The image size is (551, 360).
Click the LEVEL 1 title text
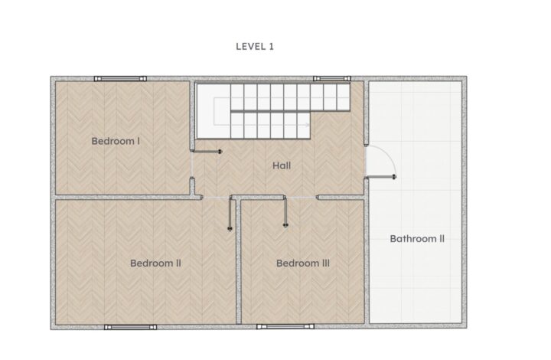[255, 47]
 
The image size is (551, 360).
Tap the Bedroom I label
[116, 141]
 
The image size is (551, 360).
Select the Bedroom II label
[155, 263]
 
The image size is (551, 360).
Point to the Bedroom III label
[303, 263]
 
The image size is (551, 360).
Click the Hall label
[282, 165]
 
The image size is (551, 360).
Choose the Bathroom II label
[417, 239]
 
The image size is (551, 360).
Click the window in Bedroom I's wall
[120, 79]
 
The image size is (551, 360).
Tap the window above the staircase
[332, 79]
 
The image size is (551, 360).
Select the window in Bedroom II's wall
[130, 327]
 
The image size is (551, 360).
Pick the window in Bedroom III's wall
[285, 326]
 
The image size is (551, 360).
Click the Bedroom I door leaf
[207, 152]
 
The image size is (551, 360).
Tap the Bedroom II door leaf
[230, 214]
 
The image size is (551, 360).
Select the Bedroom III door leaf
[285, 211]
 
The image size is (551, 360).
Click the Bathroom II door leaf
[381, 176]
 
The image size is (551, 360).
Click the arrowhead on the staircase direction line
[308, 124]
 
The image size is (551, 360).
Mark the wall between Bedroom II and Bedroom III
[239, 262]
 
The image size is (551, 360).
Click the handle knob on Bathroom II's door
[394, 176]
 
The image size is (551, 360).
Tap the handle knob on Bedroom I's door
[220, 152]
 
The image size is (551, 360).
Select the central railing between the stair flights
[290, 111]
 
